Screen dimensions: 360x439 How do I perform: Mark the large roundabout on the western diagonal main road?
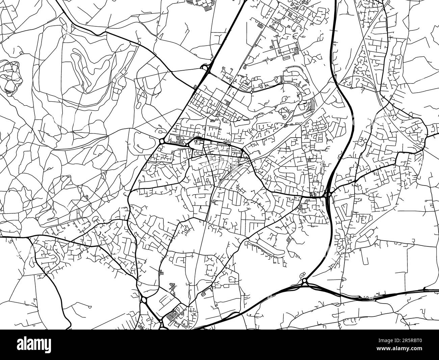pos(162,141)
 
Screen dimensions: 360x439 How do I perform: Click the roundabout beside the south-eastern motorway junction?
pos(304,280)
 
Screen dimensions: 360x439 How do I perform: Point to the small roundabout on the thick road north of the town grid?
pos(252,91)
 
